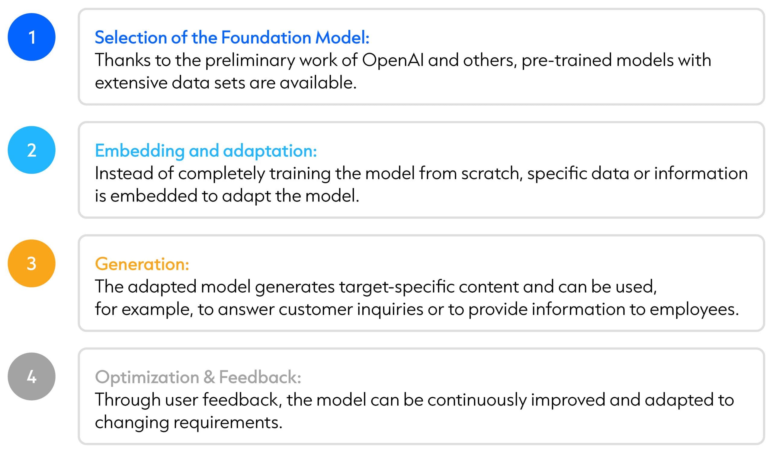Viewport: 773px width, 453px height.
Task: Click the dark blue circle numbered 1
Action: [x=32, y=37]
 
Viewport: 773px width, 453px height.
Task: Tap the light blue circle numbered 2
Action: [x=32, y=150]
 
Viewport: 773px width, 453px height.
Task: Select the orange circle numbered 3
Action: [x=32, y=263]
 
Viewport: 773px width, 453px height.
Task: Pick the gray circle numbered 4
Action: [x=32, y=376]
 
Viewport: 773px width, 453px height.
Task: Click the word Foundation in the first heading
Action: [x=266, y=37]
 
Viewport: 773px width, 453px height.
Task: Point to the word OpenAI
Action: [x=393, y=60]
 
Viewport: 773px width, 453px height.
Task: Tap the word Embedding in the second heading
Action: [x=140, y=151]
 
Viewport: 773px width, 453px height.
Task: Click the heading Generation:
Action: [x=142, y=264]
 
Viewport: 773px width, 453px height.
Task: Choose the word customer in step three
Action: [x=316, y=309]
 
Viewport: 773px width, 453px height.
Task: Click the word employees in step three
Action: [x=694, y=310]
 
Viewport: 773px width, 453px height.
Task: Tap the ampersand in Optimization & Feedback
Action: [x=209, y=377]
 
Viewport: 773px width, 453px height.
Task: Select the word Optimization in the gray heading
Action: [x=147, y=377]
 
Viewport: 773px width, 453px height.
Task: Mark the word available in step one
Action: [x=318, y=83]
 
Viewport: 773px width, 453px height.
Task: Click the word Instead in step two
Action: [x=124, y=173]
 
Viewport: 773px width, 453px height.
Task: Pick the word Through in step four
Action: [x=128, y=400]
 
